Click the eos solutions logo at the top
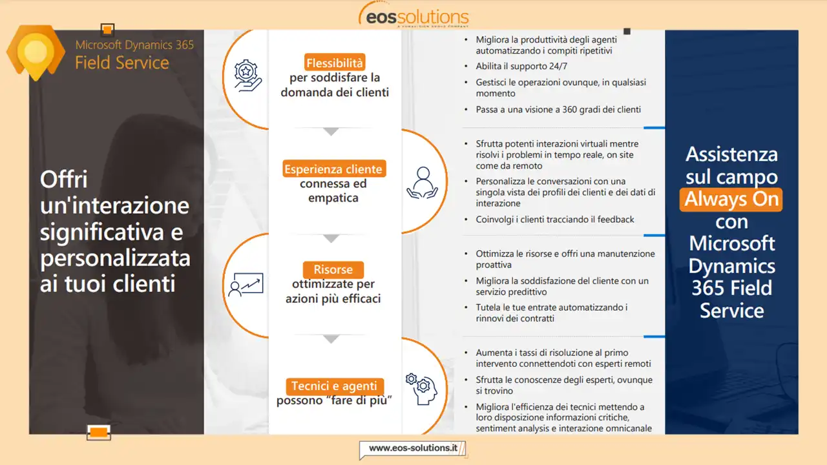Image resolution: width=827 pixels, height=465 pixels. (413, 15)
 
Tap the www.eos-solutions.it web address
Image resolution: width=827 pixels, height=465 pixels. (413, 448)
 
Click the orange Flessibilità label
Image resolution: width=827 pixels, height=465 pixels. (335, 63)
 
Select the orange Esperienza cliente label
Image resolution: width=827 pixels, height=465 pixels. (334, 169)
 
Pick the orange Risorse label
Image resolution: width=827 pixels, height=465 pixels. (333, 269)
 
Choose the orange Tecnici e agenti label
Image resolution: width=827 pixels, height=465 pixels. (335, 386)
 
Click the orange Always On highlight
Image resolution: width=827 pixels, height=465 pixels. (731, 200)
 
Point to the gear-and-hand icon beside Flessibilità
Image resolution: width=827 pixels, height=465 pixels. (247, 76)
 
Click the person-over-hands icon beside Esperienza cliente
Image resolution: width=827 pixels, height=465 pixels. (423, 183)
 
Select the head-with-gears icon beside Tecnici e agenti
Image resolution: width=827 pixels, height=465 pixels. (422, 389)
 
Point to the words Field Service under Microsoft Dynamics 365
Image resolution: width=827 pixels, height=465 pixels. (122, 63)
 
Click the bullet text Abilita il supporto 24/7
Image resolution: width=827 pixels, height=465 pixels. (521, 67)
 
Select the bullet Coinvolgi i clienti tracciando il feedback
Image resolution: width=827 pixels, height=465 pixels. (554, 220)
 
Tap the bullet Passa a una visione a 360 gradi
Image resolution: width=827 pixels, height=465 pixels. (558, 110)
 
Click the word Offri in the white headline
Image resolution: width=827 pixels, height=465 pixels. (64, 180)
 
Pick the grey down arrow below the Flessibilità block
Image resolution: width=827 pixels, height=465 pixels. (331, 132)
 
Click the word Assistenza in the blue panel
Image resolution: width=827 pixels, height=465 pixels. (731, 154)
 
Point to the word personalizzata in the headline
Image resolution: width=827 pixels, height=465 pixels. (115, 259)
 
